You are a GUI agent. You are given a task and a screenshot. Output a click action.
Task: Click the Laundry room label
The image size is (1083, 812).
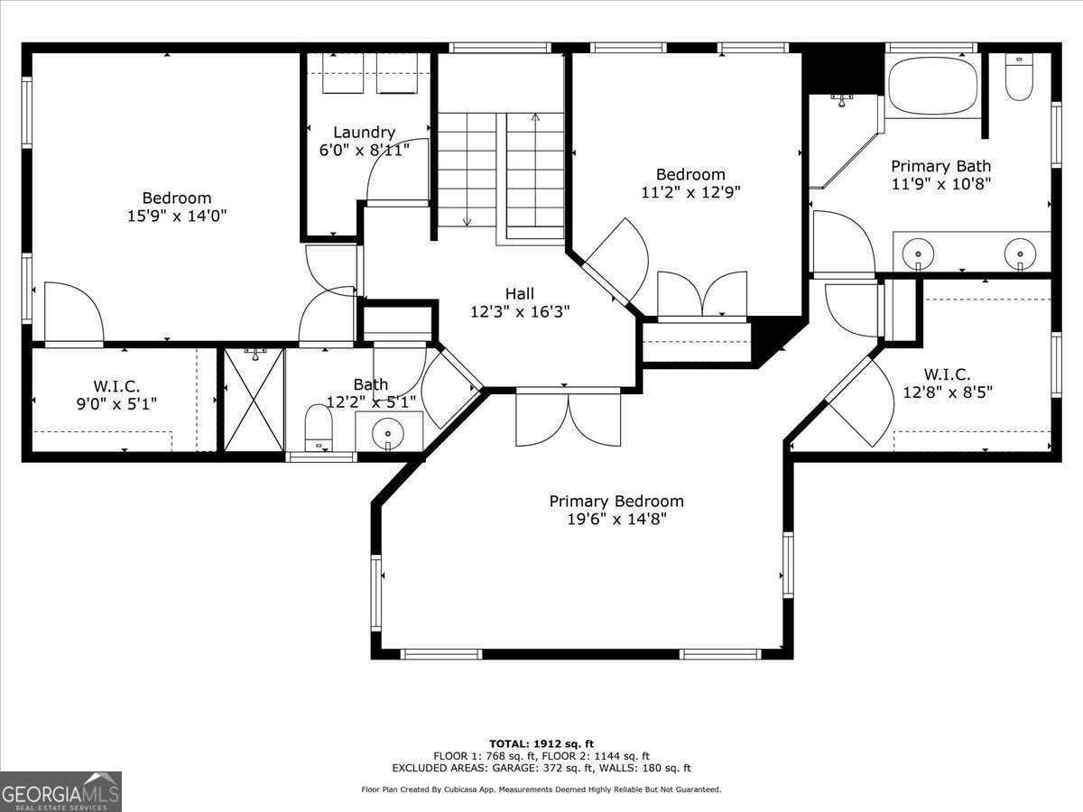[364, 133]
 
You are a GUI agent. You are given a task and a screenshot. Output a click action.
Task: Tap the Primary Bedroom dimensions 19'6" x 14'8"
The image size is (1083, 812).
[616, 519]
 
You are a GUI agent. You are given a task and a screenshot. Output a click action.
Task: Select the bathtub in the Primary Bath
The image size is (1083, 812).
[932, 85]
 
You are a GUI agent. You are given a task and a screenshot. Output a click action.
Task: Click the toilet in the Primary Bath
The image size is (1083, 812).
[1018, 79]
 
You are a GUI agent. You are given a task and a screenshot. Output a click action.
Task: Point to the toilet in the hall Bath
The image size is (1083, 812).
[319, 427]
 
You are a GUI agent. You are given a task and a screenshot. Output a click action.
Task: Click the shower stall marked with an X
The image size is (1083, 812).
[254, 400]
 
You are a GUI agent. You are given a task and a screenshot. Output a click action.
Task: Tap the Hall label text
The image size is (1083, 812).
[519, 293]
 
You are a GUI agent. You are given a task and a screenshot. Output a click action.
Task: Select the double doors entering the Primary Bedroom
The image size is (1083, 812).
[568, 418]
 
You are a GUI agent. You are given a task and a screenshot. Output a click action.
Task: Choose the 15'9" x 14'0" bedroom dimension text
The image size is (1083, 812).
[177, 216]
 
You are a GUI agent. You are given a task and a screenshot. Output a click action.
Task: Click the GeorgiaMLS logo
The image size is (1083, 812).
[60, 791]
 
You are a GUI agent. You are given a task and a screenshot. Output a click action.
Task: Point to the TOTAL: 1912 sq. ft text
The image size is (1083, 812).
[541, 743]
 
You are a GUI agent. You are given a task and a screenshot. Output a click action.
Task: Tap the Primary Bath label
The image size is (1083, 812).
[940, 166]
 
